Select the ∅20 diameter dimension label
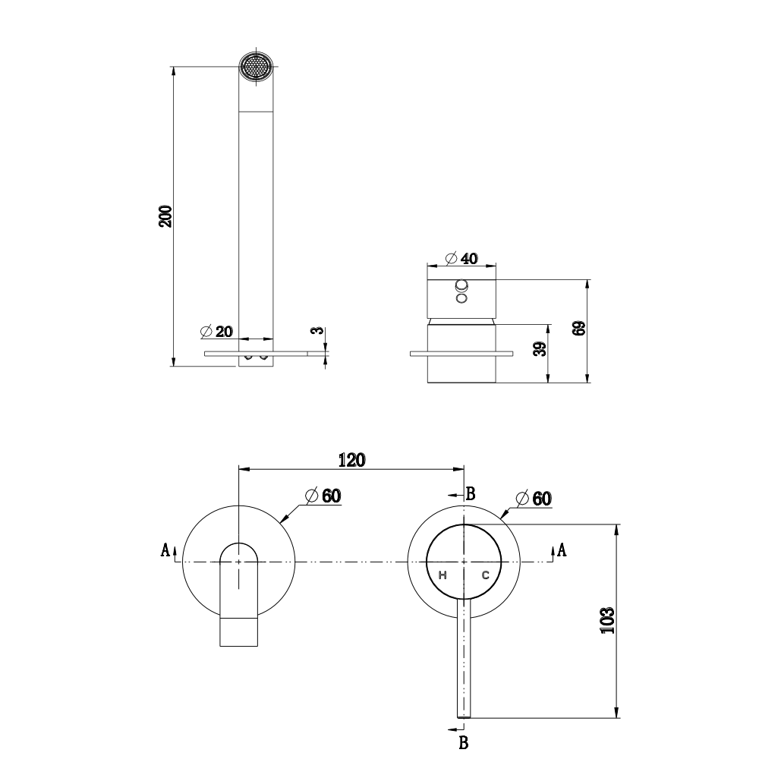(216, 332)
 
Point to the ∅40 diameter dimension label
(460, 259)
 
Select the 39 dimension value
(538, 350)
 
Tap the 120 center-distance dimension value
(351, 459)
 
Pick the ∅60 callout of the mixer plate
(533, 499)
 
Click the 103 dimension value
(606, 621)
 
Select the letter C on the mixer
(484, 575)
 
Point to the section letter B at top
(471, 494)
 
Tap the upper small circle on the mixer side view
(461, 286)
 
